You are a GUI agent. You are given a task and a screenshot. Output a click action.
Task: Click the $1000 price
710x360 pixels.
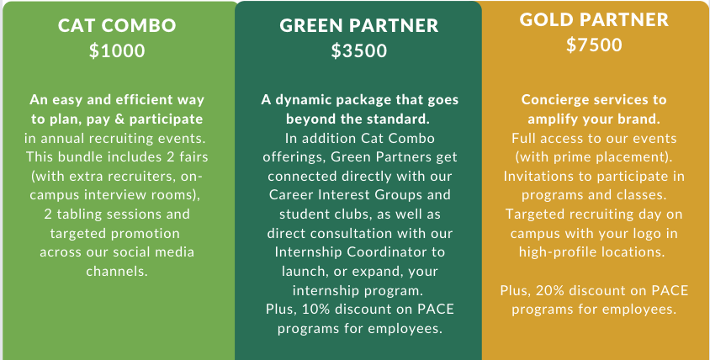pos(117,50)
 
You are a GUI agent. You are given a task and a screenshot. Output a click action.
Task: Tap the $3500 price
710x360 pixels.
pos(359,50)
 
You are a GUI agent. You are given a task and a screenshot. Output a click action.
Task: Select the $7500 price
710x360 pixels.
pos(594,45)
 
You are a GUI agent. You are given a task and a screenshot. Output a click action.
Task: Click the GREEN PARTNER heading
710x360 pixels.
pos(359,25)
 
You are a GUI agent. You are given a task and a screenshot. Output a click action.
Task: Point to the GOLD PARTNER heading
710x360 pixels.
pos(594,19)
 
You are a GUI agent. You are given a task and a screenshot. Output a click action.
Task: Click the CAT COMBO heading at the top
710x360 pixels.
pos(117,25)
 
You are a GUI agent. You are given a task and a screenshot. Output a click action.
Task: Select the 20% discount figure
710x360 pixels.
pos(549,290)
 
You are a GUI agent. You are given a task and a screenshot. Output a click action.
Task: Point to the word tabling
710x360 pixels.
pos(77,214)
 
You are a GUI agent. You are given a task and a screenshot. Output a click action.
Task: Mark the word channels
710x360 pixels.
pos(117,271)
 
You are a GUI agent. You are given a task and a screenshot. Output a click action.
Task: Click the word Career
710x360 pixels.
pos(290,194)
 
